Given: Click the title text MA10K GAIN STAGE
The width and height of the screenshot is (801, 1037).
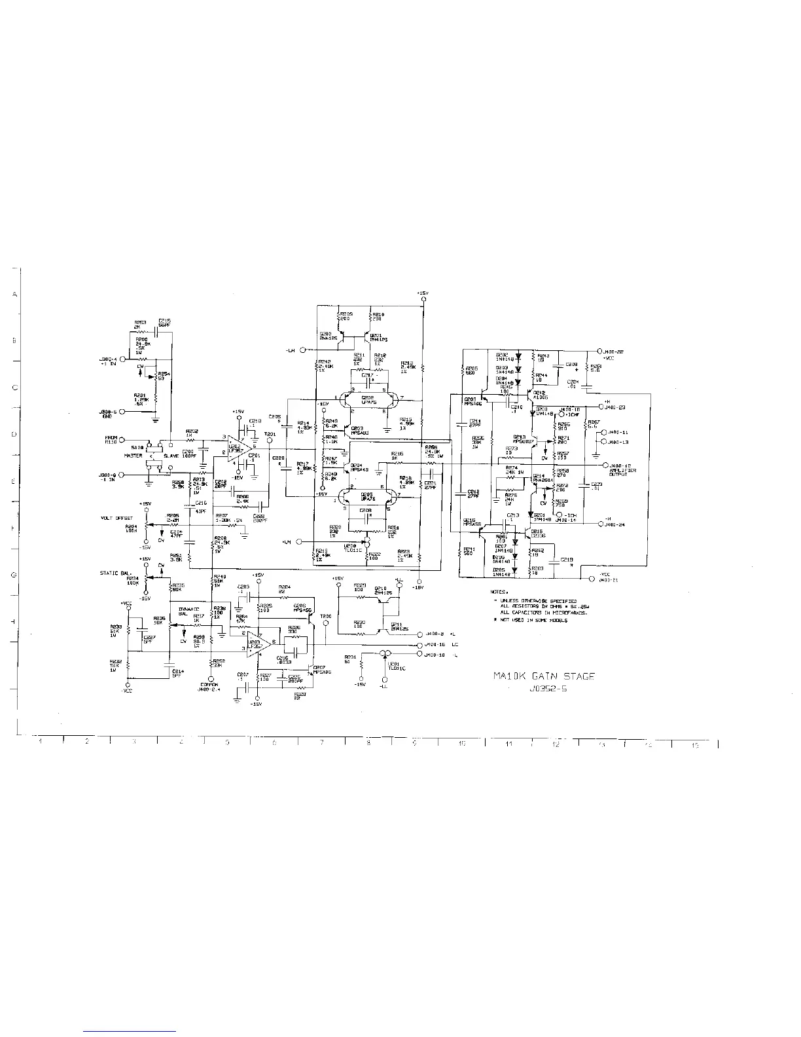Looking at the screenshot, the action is pyautogui.click(x=544, y=676).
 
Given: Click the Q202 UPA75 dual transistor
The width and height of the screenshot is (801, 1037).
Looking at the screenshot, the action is pyautogui.click(x=368, y=399).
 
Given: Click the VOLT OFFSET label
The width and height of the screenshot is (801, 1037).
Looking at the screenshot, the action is pyautogui.click(x=116, y=518).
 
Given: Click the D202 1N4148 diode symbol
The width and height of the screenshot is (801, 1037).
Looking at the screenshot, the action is pyautogui.click(x=518, y=358).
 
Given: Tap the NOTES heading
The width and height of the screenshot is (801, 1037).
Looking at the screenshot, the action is pyautogui.click(x=499, y=591).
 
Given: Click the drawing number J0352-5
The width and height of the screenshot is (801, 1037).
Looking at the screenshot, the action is pyautogui.click(x=544, y=689).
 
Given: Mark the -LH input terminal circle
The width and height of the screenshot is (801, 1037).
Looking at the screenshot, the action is pyautogui.click(x=302, y=350).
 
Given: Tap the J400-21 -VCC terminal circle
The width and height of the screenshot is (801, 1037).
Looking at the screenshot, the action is pyautogui.click(x=593, y=579).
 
